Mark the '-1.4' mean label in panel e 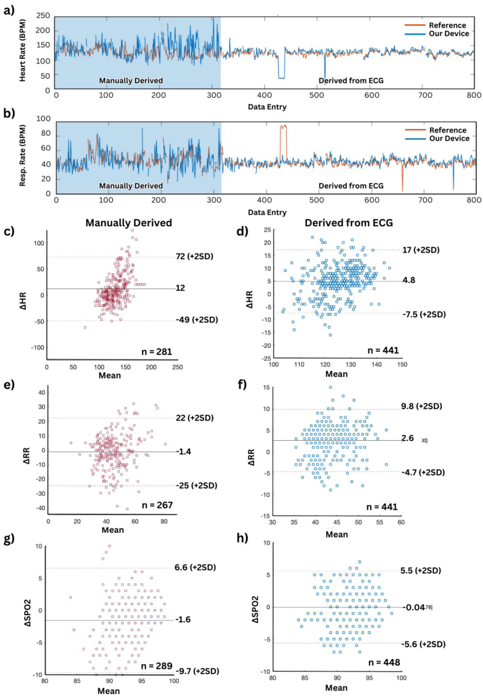pyautogui.click(x=185, y=452)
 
